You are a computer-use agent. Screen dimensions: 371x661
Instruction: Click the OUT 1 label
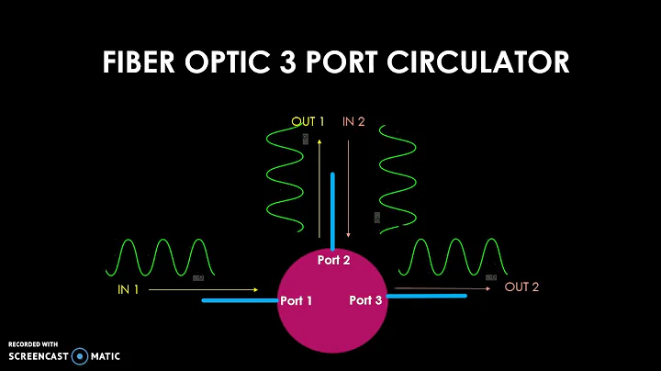308,121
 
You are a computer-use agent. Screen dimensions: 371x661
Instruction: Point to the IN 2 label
353,121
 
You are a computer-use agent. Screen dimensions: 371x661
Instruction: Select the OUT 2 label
522,287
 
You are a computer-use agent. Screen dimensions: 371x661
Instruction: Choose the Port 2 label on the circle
334,260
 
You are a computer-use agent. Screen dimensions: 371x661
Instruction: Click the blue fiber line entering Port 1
239,300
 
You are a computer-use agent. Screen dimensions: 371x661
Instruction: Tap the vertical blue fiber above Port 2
332,210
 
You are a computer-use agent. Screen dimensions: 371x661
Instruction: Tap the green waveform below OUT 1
285,179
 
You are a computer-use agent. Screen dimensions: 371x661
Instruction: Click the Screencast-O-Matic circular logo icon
81,355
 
